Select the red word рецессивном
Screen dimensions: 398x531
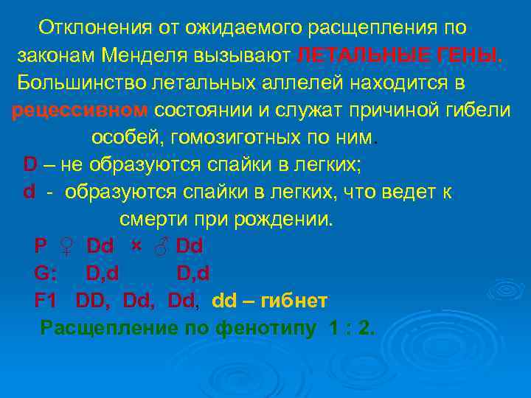click(80, 110)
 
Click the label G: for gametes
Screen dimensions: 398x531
click(46, 273)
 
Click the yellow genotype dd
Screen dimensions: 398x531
click(224, 301)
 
